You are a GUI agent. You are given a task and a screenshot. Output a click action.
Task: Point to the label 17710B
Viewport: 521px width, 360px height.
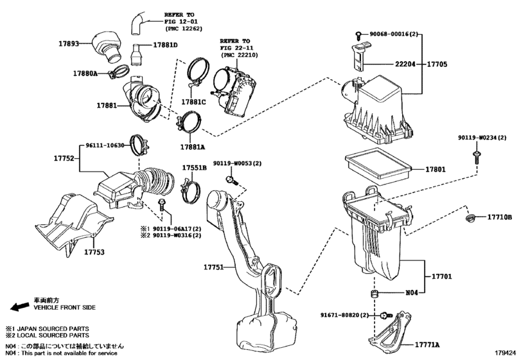pyautogui.click(x=499, y=218)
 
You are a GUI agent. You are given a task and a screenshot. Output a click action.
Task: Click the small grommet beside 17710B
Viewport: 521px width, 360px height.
pyautogui.click(x=471, y=217)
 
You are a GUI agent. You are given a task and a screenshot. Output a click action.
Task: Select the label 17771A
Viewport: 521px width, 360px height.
pyautogui.click(x=436, y=345)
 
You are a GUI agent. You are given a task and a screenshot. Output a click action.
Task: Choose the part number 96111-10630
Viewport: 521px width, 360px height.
pyautogui.click(x=105, y=145)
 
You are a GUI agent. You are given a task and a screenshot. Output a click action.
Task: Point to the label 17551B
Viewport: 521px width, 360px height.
pyautogui.click(x=193, y=167)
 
